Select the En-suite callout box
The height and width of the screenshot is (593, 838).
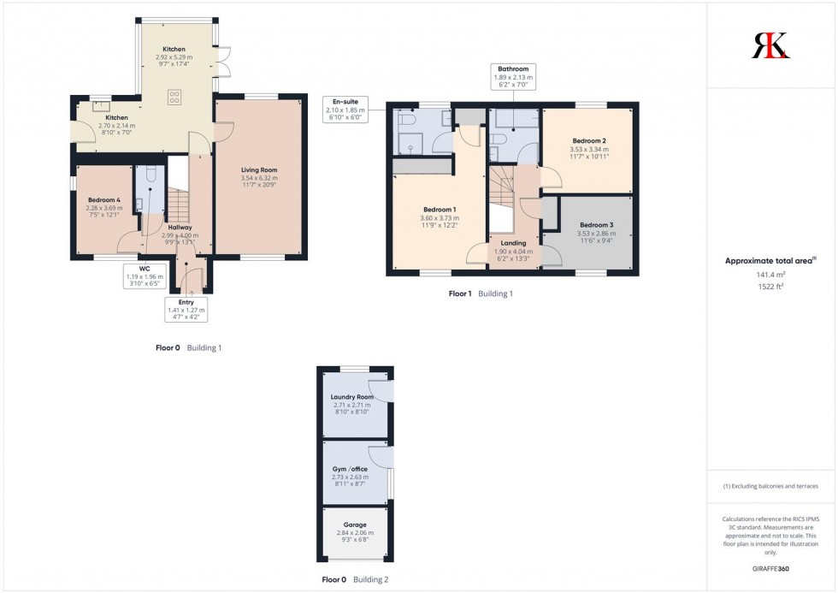click(344, 110)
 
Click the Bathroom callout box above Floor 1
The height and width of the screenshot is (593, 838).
click(511, 77)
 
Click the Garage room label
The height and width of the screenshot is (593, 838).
click(355, 525)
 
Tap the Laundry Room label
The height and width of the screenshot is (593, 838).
click(352, 397)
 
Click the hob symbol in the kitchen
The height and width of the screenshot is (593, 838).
click(174, 96)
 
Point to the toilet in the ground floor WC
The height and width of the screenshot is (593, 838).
click(150, 175)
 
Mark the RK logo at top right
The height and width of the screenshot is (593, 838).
click(770, 45)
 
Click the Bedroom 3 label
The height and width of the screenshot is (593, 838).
click(596, 225)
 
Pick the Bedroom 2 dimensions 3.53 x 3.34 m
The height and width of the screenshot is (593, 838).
click(589, 149)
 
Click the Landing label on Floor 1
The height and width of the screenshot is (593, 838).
click(513, 243)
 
